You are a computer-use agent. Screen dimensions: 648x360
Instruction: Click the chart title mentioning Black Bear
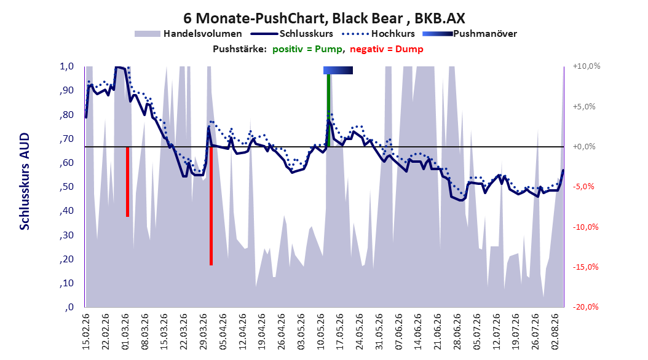pyautogui.click(x=324, y=18)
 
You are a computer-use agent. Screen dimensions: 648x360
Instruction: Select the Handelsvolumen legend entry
pyautogui.click(x=188, y=34)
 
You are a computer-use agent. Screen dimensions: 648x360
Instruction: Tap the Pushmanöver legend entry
pyautogui.click(x=470, y=34)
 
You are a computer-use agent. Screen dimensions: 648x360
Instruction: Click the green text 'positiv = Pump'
pyautogui.click(x=307, y=49)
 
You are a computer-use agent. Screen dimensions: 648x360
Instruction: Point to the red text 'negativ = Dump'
pyautogui.click(x=387, y=49)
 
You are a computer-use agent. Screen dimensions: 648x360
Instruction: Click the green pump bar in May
pyautogui.click(x=328, y=110)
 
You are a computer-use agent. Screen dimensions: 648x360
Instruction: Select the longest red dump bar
pyautogui.click(x=211, y=206)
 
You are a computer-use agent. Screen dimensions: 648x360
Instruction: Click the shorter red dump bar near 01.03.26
pyautogui.click(x=127, y=182)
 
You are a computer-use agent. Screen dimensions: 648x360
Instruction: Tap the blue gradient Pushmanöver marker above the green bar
pyautogui.click(x=338, y=70)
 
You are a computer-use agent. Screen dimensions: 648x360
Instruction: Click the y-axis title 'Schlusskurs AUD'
pyautogui.click(x=25, y=181)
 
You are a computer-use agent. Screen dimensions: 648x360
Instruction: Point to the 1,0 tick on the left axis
pyautogui.click(x=66, y=66)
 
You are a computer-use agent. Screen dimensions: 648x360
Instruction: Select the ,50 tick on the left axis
pyautogui.click(x=66, y=187)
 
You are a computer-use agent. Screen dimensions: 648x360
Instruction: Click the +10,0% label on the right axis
pyautogui.click(x=587, y=66)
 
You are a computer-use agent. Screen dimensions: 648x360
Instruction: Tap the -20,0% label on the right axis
pyautogui.click(x=585, y=307)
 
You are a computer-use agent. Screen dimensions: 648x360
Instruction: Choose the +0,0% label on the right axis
pyautogui.click(x=584, y=147)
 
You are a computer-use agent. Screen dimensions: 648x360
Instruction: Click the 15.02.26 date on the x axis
pyautogui.click(x=86, y=332)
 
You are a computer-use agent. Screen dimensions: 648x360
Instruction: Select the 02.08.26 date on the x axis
pyautogui.click(x=555, y=332)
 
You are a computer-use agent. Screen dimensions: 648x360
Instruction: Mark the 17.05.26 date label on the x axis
pyautogui.click(x=340, y=332)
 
